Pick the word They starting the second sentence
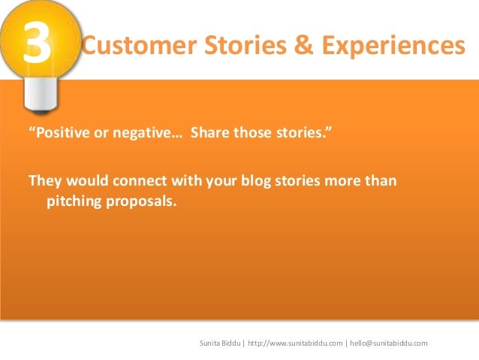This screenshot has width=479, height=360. (x=44, y=182)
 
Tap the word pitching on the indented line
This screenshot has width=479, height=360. (x=75, y=201)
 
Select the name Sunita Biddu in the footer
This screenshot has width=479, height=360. (x=219, y=343)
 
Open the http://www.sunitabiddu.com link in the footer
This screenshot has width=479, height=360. (x=294, y=343)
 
